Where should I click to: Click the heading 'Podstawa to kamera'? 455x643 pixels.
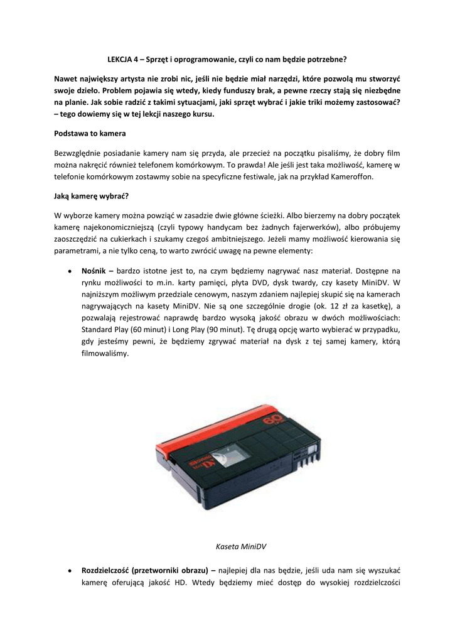point(90,134)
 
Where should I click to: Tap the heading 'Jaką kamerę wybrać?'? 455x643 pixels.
point(91,195)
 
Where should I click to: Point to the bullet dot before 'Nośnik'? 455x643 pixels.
point(68,271)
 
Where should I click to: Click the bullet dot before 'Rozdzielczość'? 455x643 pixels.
point(68,571)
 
